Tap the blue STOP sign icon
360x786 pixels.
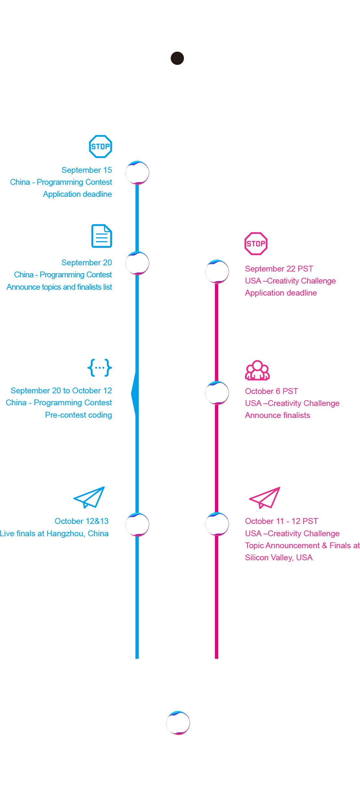[x=100, y=146]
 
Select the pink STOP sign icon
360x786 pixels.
[x=256, y=244]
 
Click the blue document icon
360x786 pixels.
[x=102, y=236]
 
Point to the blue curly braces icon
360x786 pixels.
[x=100, y=368]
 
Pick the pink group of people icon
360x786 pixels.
[x=257, y=370]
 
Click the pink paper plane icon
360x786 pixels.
[x=265, y=498]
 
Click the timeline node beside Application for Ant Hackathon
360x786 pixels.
[x=177, y=58]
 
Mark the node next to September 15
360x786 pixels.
[x=137, y=173]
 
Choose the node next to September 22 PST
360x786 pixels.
[x=217, y=272]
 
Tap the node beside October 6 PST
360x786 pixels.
[x=217, y=393]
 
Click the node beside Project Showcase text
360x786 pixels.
[x=178, y=723]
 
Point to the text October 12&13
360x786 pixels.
[x=82, y=521]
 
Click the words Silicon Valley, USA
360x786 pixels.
[x=279, y=558]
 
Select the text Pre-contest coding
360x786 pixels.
[x=78, y=415]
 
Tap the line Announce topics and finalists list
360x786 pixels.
[x=59, y=287]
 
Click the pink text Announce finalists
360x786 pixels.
[x=277, y=415]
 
